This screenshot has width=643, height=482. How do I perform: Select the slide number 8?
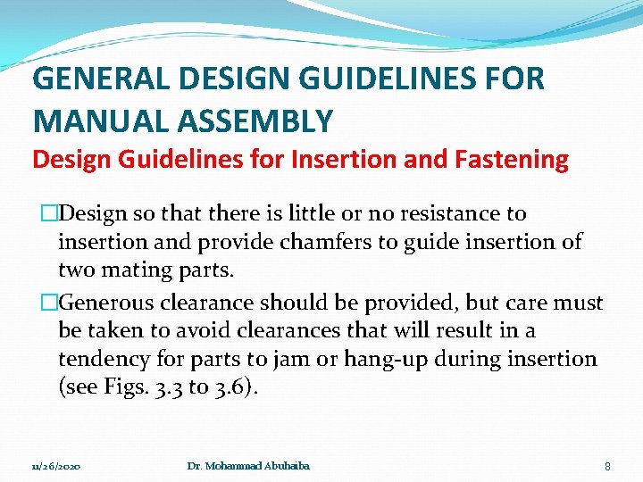[x=607, y=467]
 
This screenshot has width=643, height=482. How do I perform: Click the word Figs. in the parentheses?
[x=112, y=386]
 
